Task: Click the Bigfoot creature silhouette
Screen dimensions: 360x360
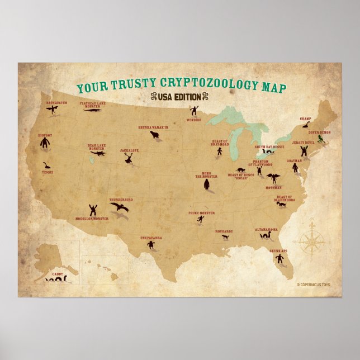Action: click(x=45, y=143)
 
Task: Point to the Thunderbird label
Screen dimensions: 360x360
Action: click(x=121, y=200)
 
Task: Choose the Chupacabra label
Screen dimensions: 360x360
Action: click(x=151, y=238)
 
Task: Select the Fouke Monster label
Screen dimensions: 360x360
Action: click(x=201, y=213)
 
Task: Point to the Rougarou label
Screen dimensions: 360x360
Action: click(x=224, y=230)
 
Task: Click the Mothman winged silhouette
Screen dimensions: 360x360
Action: click(x=273, y=178)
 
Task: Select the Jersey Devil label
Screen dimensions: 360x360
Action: click(x=303, y=143)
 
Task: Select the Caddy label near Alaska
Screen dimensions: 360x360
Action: click(x=58, y=274)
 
